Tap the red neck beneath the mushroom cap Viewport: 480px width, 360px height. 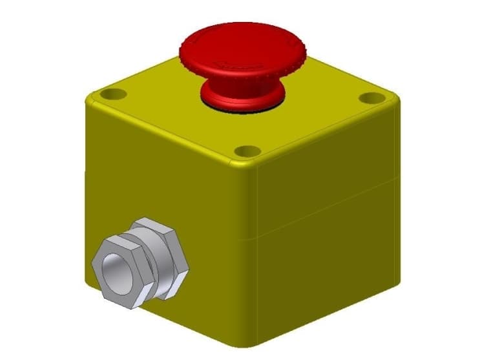point(243,90)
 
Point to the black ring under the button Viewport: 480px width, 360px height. point(243,106)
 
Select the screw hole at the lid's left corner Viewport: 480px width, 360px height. point(114,94)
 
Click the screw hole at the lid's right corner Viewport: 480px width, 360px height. point(370,98)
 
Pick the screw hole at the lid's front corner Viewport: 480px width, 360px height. point(246,151)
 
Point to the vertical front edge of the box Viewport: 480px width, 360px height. point(248,259)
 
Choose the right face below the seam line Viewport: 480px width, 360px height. point(323,271)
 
